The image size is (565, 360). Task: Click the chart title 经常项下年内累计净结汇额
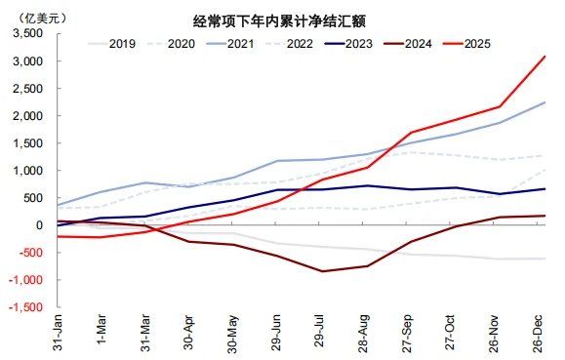click(282, 20)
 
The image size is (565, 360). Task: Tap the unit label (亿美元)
click(32, 17)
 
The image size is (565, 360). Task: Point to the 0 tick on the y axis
click(40, 225)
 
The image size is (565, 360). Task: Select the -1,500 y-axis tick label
click(25, 307)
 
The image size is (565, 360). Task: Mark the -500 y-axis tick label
click(29, 253)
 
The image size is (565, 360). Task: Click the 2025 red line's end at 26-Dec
click(545, 57)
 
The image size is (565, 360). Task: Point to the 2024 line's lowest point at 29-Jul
click(323, 271)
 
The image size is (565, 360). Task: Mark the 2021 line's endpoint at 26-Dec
click(545, 102)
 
